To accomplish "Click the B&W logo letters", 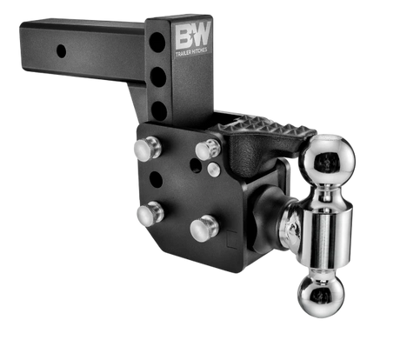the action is tap(193, 36).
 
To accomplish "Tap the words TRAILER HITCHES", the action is tap(191, 52).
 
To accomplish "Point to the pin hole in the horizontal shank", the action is tap(61, 51).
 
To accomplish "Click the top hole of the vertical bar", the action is tap(157, 43).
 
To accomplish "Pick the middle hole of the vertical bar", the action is tap(158, 77).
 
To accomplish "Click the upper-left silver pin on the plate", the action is tap(147, 148).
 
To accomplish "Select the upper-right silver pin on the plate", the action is tap(208, 150).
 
